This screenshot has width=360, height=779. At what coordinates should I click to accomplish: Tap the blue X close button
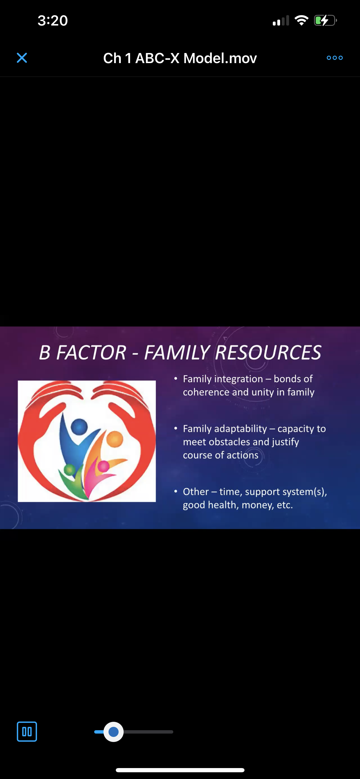click(x=22, y=58)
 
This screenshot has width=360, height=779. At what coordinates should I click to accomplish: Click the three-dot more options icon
click(x=334, y=58)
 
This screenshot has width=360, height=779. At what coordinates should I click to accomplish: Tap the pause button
click(x=27, y=732)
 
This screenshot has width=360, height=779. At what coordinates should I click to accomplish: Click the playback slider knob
click(x=113, y=732)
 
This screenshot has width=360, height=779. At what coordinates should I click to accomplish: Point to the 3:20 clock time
click(x=53, y=20)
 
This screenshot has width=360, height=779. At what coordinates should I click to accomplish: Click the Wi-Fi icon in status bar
click(x=301, y=20)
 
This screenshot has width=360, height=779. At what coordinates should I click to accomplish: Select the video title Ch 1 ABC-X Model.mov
click(x=180, y=58)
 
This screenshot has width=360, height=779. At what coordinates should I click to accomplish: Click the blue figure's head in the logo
click(x=79, y=427)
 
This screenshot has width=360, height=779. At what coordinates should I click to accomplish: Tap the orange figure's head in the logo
click(x=115, y=439)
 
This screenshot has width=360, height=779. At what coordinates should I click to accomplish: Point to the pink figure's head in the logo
click(x=103, y=466)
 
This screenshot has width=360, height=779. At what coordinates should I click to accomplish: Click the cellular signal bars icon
click(x=281, y=20)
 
